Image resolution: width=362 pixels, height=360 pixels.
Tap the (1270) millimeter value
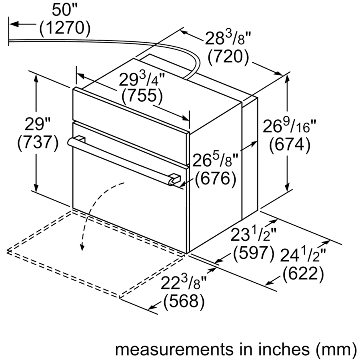pyautogui.click(x=65, y=29)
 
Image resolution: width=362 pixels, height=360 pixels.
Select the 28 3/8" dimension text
pyautogui.click(x=228, y=38)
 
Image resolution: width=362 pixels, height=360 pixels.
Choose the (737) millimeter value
pyautogui.click(x=38, y=144)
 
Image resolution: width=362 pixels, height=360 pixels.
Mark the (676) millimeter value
pyautogui.click(x=216, y=178)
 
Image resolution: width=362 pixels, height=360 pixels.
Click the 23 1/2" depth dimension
pyautogui.click(x=253, y=234)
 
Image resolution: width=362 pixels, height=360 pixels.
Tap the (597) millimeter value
pyautogui.click(x=254, y=254)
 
